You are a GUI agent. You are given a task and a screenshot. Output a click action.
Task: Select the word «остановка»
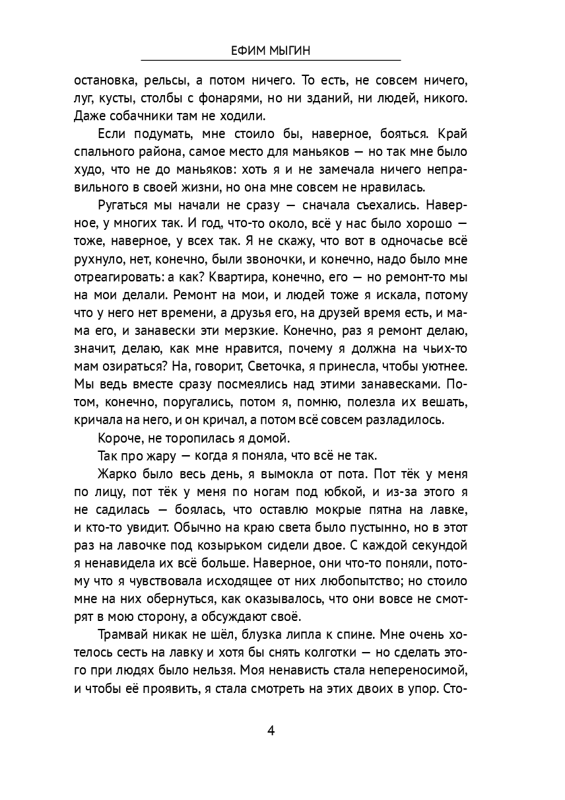tap(106, 81)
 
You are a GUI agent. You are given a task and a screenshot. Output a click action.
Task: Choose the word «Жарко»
tap(114, 474)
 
